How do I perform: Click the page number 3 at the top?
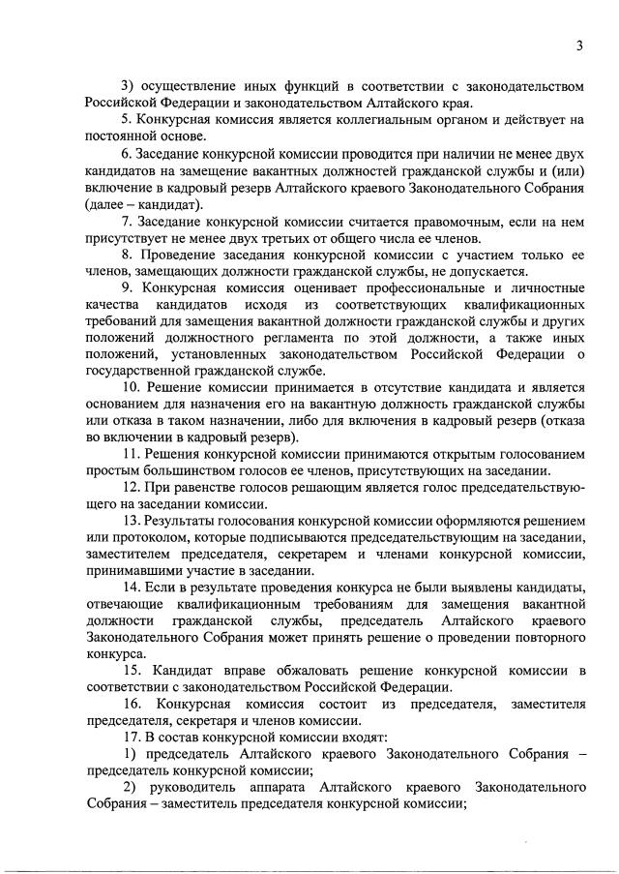[x=578, y=45]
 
